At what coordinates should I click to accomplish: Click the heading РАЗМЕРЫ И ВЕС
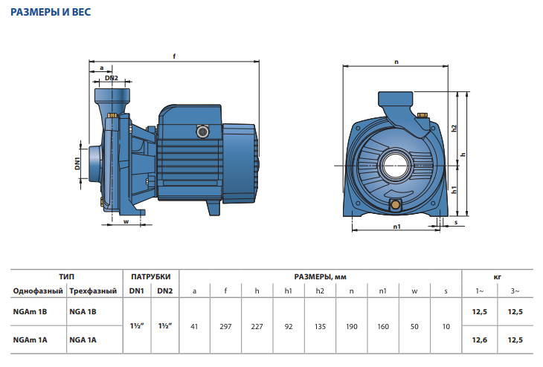[51, 12]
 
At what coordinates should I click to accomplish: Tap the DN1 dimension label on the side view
[77, 163]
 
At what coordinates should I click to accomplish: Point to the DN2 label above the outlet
[112, 78]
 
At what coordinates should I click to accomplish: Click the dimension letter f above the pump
[174, 56]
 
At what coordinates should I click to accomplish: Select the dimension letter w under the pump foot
[126, 221]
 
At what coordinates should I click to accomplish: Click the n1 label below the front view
[397, 227]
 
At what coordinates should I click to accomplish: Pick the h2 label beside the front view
[454, 128]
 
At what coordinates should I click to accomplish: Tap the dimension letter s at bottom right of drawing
[456, 222]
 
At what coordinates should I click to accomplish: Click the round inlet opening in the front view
[395, 166]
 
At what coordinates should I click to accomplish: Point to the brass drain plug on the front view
[395, 204]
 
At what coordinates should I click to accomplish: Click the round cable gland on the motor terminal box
[202, 131]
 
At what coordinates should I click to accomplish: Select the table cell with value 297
[225, 327]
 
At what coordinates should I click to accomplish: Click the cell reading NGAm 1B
[30, 312]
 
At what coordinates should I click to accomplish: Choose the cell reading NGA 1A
[83, 340]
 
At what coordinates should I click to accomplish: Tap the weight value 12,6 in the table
[479, 340]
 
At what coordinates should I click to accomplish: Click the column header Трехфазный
[93, 291]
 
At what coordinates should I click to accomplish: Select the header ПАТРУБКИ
[151, 276]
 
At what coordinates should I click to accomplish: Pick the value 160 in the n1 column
[383, 327]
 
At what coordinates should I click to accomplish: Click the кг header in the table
[498, 277]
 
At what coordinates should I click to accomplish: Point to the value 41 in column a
[194, 327]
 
